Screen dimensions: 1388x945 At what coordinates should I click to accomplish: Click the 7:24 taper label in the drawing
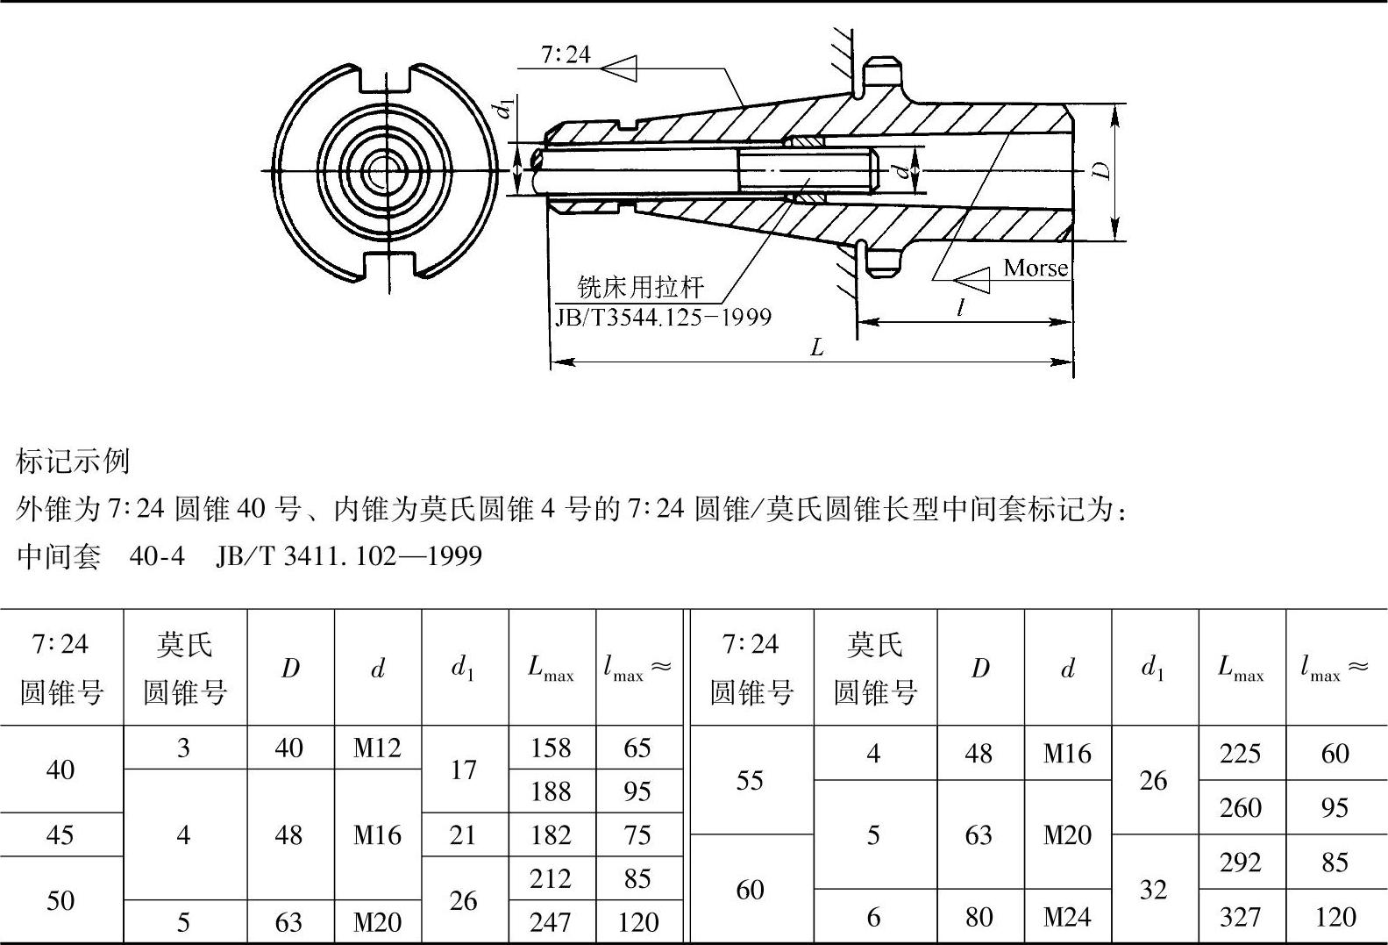pyautogui.click(x=566, y=55)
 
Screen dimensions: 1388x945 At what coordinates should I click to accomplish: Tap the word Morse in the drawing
pyautogui.click(x=1036, y=268)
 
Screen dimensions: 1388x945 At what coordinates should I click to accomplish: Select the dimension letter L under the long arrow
pyautogui.click(x=816, y=347)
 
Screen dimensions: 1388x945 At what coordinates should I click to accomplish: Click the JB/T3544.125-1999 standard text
pyautogui.click(x=664, y=317)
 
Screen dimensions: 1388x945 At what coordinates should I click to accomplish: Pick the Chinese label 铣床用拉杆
pyautogui.click(x=640, y=288)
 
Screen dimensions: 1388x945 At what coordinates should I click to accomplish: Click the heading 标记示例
pyautogui.click(x=73, y=461)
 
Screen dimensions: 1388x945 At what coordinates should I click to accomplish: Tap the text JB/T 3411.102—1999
pyautogui.click(x=349, y=555)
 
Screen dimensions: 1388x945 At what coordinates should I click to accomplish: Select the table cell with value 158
pyautogui.click(x=551, y=748)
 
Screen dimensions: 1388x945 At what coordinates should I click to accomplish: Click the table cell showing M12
pyautogui.click(x=377, y=748)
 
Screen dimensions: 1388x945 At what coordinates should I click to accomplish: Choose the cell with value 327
pyautogui.click(x=1240, y=917)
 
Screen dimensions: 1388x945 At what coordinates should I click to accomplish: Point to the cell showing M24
pyautogui.click(x=1067, y=917)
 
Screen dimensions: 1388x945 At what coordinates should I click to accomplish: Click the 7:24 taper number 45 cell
pyautogui.click(x=60, y=834)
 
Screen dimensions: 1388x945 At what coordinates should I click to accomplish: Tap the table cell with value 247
pyautogui.click(x=551, y=922)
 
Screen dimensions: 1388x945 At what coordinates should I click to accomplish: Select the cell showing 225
pyautogui.click(x=1240, y=754)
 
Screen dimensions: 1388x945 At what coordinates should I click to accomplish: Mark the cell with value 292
pyautogui.click(x=1240, y=863)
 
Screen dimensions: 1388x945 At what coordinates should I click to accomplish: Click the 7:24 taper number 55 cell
pyautogui.click(x=750, y=780)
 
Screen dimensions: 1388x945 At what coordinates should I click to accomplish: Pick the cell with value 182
pyautogui.click(x=551, y=834)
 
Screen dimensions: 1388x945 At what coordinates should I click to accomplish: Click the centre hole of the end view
pyautogui.click(x=380, y=170)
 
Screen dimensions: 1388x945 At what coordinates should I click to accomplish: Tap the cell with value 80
pyautogui.click(x=979, y=917)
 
